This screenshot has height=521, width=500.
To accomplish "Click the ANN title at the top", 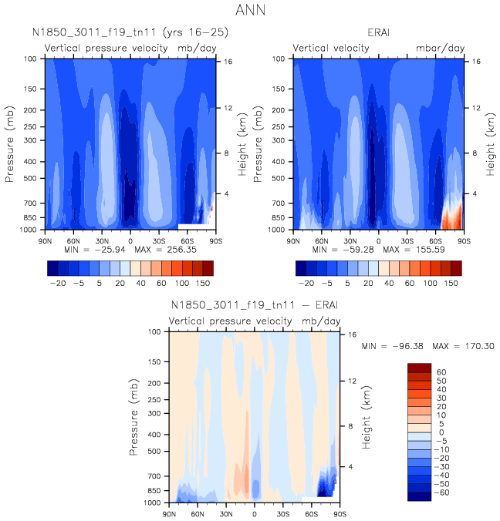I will point(250,12).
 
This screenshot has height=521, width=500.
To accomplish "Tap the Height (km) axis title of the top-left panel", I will point(242,144).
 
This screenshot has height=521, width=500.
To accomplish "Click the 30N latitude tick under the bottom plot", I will point(227,513).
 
